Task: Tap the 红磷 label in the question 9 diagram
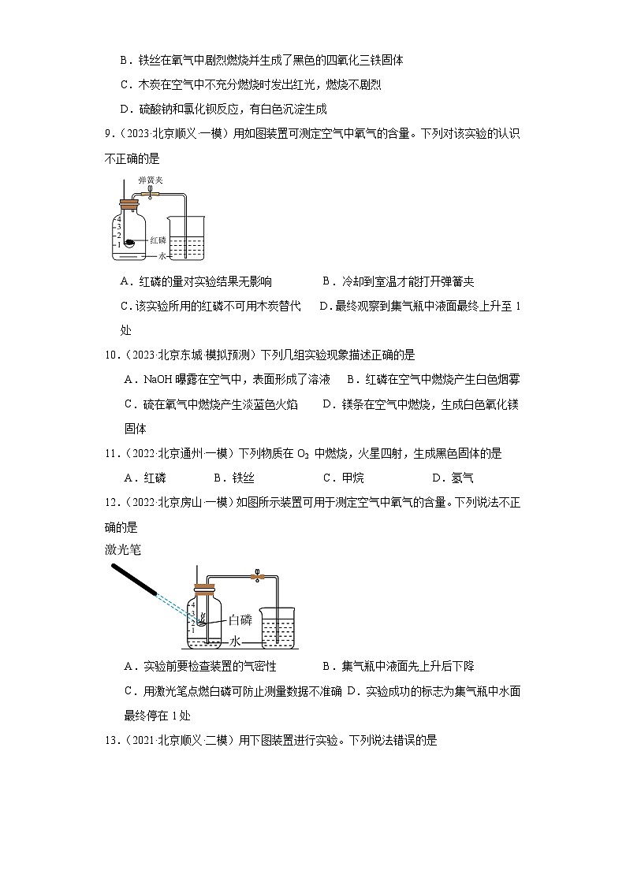click(x=157, y=240)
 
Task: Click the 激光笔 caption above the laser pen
click(x=121, y=548)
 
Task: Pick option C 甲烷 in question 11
click(x=343, y=478)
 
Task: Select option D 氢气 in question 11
click(x=453, y=478)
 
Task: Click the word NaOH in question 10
click(x=160, y=379)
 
